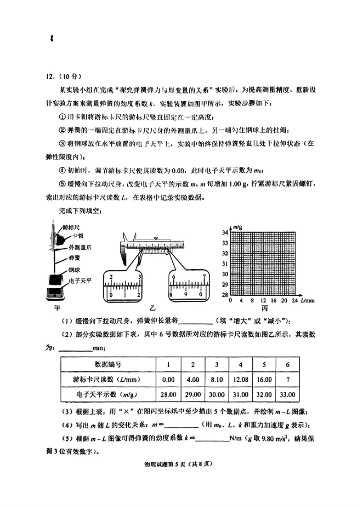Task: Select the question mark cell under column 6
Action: pyautogui.click(x=288, y=379)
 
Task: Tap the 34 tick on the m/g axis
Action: pyautogui.click(x=225, y=232)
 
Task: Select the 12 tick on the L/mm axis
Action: pyautogui.click(x=263, y=300)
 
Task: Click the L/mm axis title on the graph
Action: pyautogui.click(x=308, y=300)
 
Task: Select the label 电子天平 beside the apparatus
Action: pyautogui.click(x=80, y=281)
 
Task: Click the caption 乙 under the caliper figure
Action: pyautogui.click(x=152, y=309)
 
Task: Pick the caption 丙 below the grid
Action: pyautogui.click(x=264, y=309)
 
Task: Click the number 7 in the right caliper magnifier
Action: pyautogui.click(x=205, y=277)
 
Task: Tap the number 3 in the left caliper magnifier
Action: pyautogui.click(x=140, y=277)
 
